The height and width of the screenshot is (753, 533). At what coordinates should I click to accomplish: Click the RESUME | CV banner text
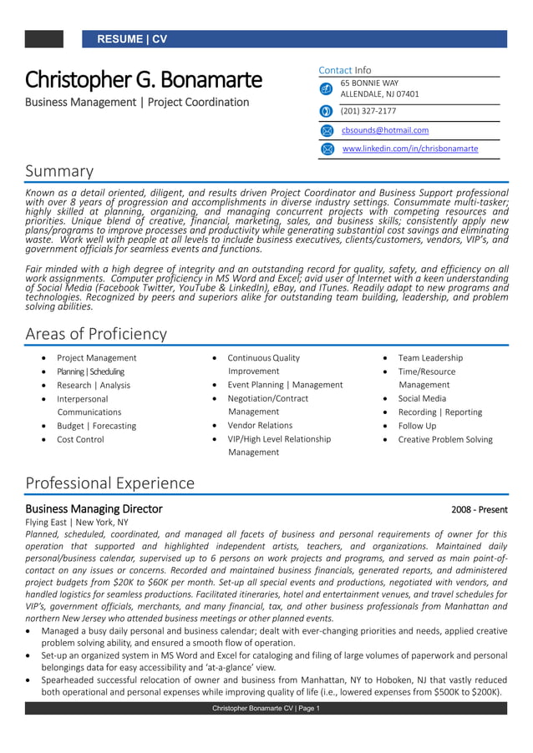tap(132, 39)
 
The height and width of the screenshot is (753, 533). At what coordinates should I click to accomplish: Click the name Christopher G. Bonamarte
tap(143, 80)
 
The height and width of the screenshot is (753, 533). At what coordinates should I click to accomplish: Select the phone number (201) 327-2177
tap(368, 111)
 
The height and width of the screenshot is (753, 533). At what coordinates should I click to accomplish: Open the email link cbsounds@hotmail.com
tap(385, 130)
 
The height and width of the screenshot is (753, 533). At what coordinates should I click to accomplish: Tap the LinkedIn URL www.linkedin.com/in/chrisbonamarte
tap(410, 149)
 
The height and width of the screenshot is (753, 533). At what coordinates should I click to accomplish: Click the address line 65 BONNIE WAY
tap(369, 83)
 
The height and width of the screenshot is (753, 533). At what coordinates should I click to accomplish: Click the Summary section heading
tap(59, 171)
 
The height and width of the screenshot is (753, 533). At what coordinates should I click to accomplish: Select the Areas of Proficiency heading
tap(96, 334)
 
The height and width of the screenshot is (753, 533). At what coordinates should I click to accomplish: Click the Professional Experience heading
tap(109, 483)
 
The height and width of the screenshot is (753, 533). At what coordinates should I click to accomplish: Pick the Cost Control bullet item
tap(80, 439)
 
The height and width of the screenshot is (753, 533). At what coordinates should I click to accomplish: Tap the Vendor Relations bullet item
tap(260, 426)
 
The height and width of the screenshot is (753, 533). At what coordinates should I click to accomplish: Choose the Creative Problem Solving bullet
tap(444, 439)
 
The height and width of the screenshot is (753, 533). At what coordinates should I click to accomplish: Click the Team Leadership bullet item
tap(429, 358)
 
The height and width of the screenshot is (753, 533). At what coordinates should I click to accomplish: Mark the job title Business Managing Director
tap(94, 509)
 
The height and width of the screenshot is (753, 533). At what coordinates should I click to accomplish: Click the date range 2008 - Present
tap(479, 509)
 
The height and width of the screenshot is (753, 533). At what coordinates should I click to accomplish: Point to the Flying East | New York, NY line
tap(77, 523)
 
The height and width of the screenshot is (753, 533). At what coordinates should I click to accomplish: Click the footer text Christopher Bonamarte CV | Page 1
tap(266, 709)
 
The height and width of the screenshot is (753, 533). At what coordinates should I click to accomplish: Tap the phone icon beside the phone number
tap(327, 111)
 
